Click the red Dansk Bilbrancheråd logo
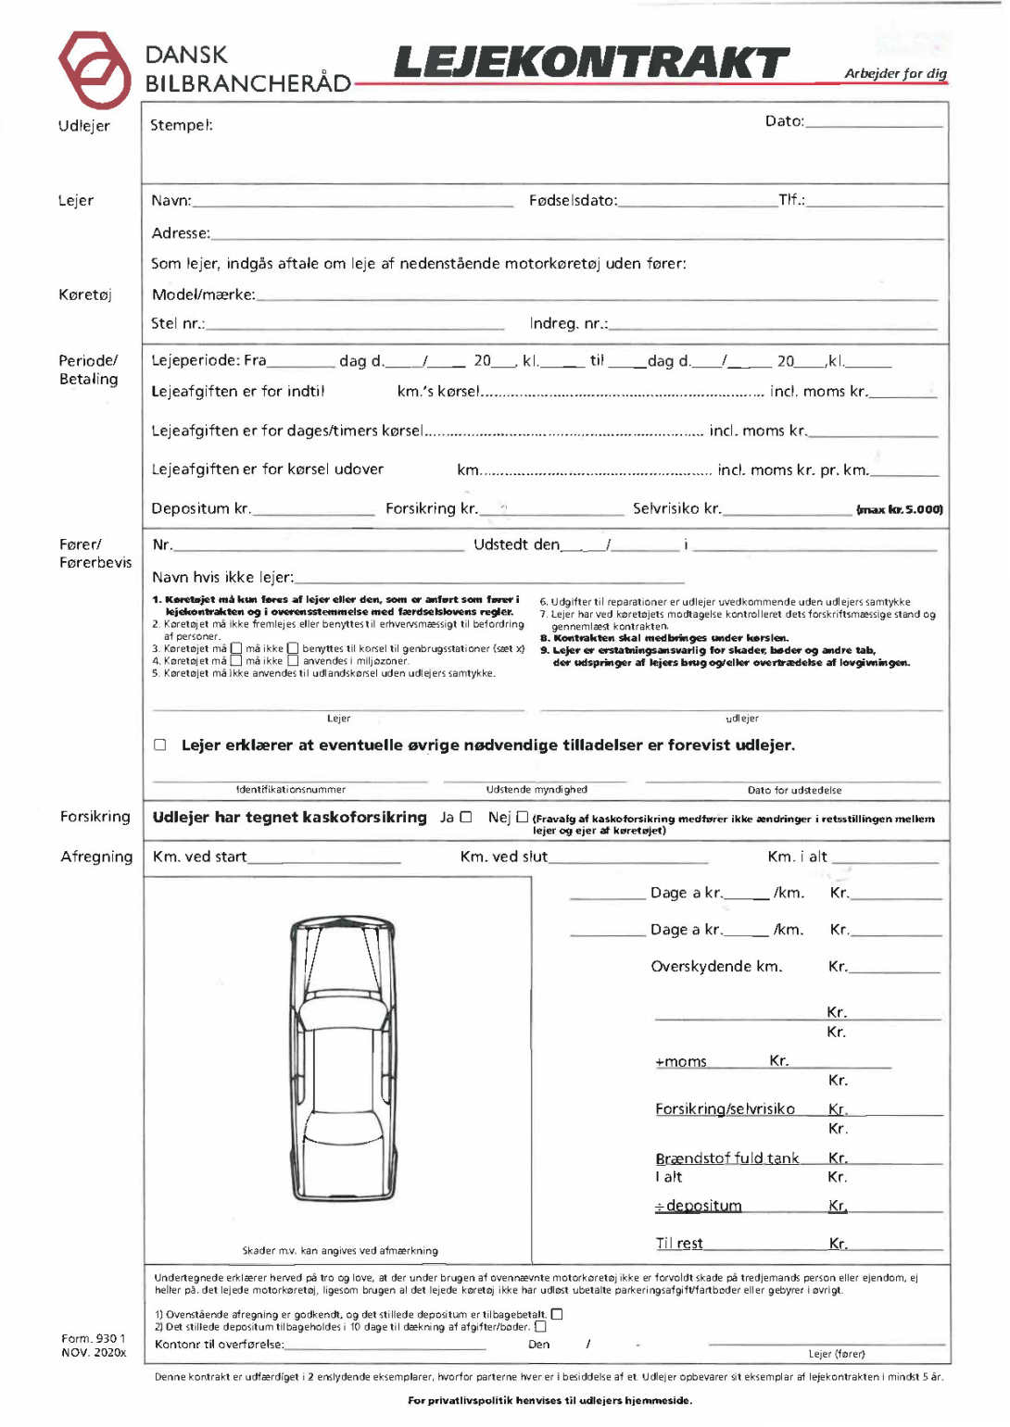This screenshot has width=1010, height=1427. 94,70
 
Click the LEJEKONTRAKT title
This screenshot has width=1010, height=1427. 591,64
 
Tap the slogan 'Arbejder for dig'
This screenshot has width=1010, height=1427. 895,73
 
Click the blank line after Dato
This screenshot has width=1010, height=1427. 874,124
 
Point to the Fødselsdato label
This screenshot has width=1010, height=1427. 573,200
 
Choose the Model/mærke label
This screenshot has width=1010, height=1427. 203,294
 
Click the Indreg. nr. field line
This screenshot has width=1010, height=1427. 773,327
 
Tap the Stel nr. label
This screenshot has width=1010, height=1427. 178,323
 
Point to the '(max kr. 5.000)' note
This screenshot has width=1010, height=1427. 900,509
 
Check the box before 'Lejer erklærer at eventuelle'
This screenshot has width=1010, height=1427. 160,745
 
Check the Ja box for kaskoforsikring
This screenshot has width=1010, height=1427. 466,817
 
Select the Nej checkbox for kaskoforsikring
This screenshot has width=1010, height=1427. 523,817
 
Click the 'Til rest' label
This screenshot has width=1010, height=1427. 679,1244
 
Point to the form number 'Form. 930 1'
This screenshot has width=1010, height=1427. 93,1338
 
